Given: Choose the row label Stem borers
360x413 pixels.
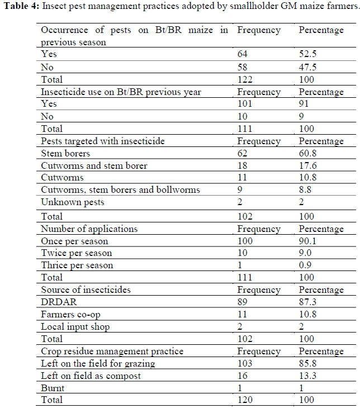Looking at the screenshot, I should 65,153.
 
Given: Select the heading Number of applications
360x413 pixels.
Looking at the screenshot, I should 89,229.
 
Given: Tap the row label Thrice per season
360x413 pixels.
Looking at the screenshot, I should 77,265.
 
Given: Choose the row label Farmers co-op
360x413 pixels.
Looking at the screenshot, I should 70,314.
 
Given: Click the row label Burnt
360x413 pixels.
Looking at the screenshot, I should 53,388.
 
